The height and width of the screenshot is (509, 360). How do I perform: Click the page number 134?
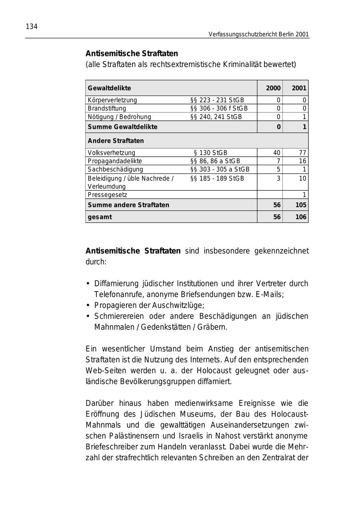32,27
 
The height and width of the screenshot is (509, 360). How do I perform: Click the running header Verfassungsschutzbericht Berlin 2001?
258,34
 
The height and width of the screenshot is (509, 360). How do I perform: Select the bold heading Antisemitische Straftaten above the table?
132,54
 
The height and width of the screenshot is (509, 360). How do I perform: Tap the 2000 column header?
273,88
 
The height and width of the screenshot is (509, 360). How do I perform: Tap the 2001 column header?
299,88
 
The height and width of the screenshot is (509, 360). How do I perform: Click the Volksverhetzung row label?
112,153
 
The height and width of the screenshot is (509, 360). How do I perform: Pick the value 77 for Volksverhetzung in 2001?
302,153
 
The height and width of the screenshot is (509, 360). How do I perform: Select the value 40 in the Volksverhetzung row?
276,153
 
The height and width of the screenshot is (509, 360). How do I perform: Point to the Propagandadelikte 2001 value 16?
302,161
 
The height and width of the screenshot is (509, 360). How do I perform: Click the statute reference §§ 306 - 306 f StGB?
219,108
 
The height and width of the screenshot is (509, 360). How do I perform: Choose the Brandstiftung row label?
107,108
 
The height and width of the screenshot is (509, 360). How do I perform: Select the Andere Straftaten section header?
116,141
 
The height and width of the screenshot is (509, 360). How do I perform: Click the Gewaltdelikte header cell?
109,88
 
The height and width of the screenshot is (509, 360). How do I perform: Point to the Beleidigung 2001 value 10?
302,178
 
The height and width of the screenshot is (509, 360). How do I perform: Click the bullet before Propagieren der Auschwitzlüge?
88,305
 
